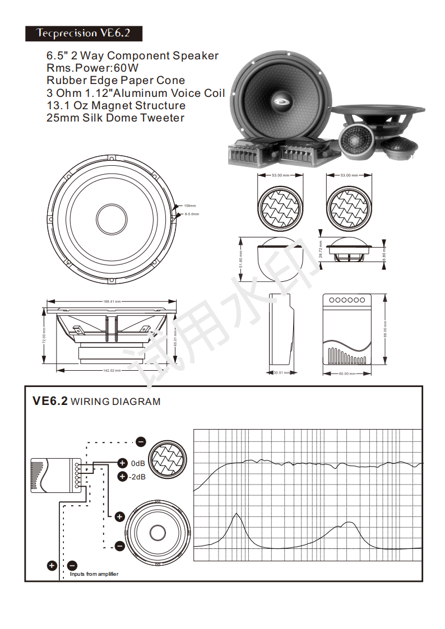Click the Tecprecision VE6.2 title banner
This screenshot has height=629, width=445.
[83, 33]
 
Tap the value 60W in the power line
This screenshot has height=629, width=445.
[126, 68]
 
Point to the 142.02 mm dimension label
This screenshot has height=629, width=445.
[112, 370]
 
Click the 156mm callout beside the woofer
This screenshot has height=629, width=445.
[190, 206]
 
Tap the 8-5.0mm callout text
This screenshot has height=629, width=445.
[192, 214]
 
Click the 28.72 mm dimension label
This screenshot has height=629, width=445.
[321, 249]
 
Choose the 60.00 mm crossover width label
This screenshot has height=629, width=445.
[347, 374]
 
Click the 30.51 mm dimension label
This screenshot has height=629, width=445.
[281, 372]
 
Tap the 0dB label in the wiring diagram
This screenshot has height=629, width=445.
[138, 464]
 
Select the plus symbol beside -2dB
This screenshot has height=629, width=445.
[122, 477]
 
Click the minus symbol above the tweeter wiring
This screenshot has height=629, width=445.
[141, 441]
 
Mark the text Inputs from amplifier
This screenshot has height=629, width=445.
[94, 574]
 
